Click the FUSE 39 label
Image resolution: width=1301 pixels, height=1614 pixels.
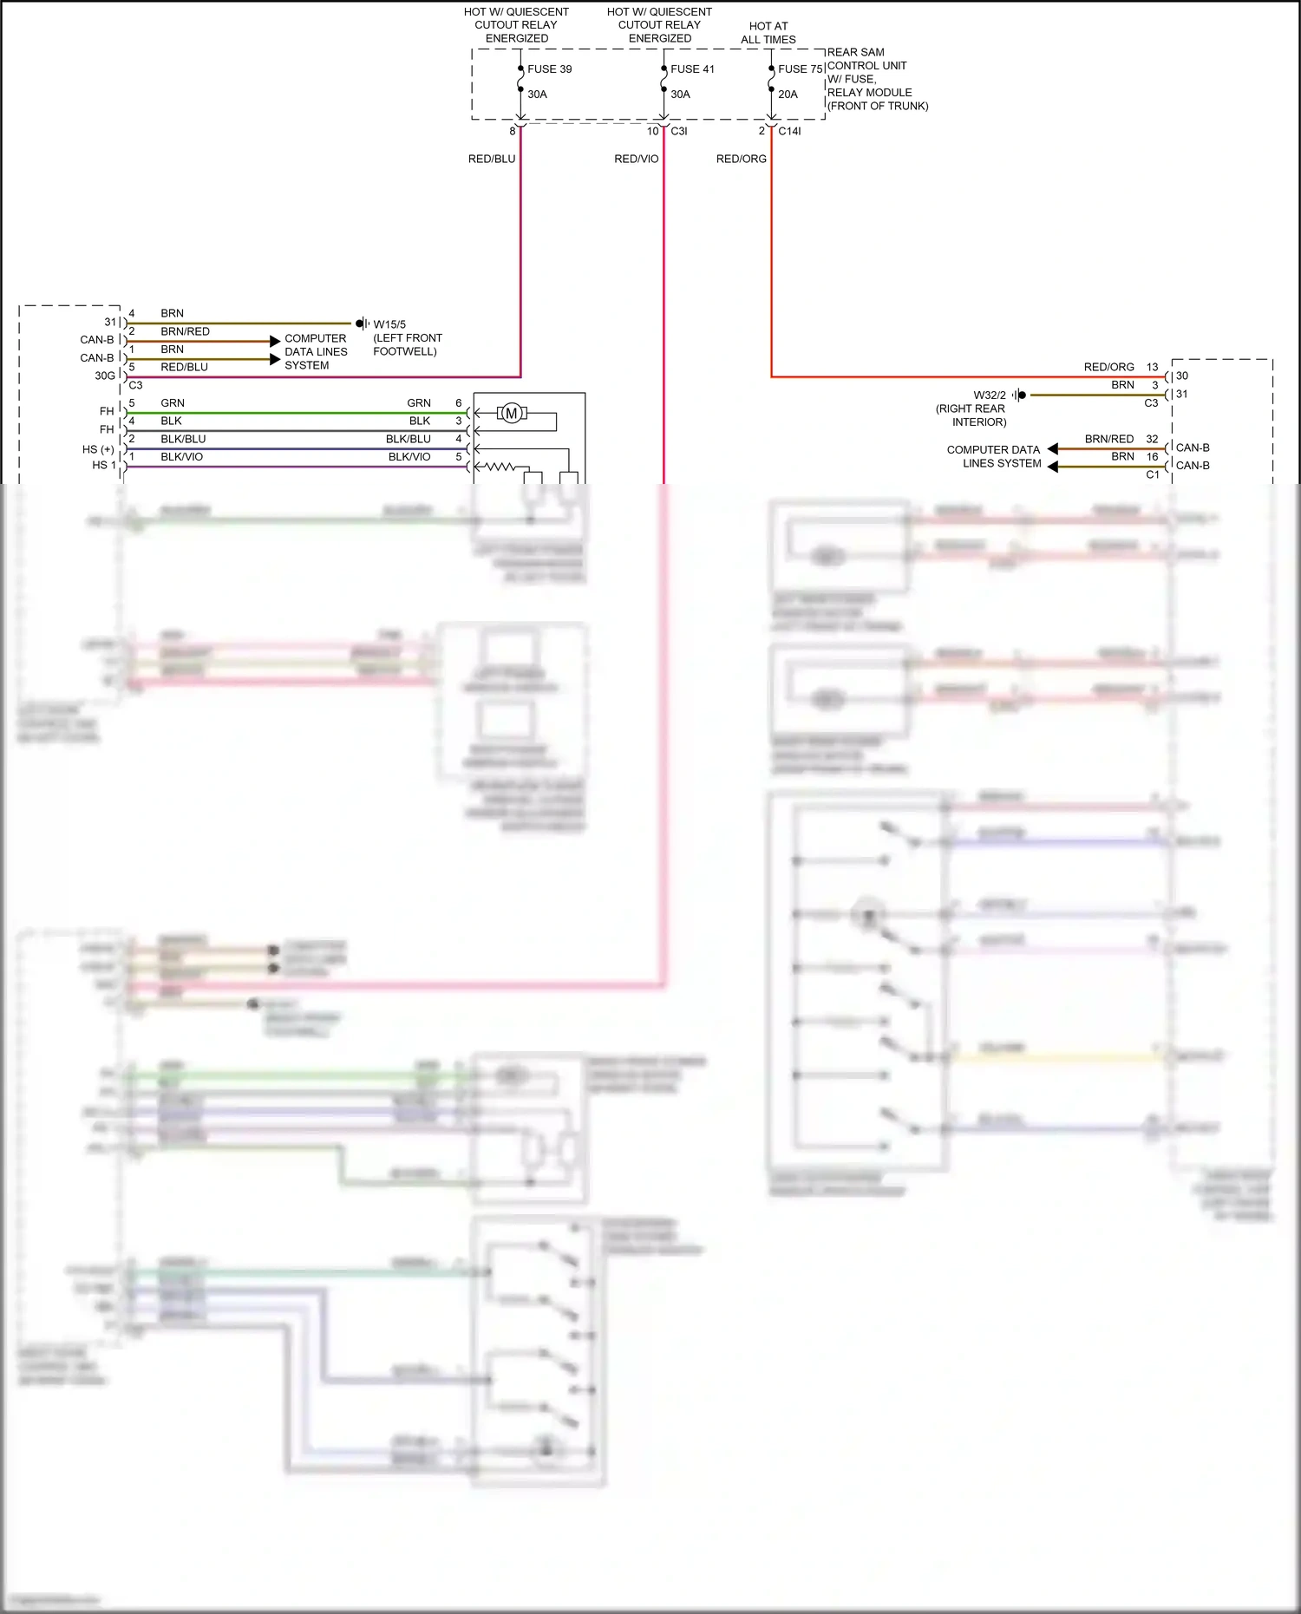[549, 69]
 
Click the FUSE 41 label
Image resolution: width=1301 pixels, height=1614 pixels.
[692, 69]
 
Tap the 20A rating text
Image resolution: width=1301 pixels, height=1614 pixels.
[788, 94]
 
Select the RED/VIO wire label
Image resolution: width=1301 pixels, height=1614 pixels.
[636, 159]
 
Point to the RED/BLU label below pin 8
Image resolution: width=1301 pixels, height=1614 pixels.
[492, 159]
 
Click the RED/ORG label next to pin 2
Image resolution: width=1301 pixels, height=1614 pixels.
[741, 159]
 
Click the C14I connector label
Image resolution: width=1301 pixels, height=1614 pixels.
[789, 131]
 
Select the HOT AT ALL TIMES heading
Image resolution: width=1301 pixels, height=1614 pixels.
[768, 33]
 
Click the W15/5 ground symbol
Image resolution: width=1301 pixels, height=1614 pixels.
[363, 323]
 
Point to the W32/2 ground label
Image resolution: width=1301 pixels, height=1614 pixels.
[989, 395]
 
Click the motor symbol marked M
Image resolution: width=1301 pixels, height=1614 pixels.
[511, 413]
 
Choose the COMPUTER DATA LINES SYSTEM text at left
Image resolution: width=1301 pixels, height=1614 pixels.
[316, 351]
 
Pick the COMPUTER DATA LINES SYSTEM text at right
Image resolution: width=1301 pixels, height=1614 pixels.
[993, 456]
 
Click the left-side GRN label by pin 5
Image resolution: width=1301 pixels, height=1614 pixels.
[172, 402]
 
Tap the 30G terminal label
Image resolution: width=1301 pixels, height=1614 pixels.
[104, 376]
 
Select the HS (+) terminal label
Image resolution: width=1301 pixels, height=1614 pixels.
[98, 449]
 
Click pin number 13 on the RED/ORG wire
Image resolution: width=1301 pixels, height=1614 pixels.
[1152, 367]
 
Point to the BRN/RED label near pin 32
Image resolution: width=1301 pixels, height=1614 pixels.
[1108, 439]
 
